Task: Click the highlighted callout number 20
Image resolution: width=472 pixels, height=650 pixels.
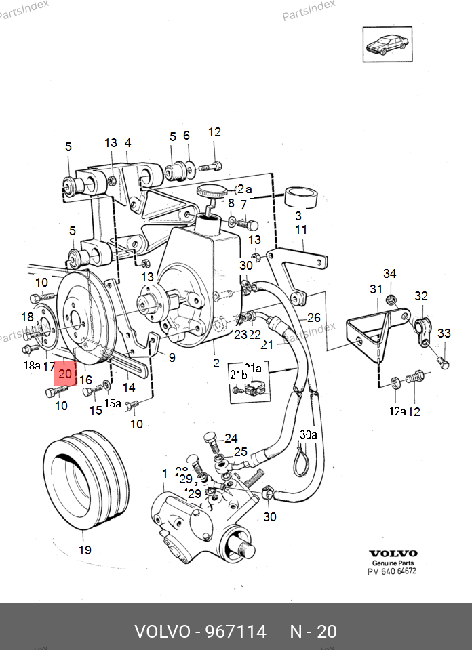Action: pos(66,373)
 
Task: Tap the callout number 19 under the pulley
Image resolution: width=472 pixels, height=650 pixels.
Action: pos(85,550)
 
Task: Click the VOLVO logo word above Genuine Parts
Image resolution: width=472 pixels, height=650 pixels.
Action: pos(393,553)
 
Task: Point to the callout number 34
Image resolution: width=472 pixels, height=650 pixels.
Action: pos(389,274)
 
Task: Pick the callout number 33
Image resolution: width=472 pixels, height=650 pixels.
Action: pos(444,333)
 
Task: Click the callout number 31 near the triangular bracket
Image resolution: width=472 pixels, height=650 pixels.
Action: pos(376,290)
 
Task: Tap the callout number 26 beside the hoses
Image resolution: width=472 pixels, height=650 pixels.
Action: pos(313,317)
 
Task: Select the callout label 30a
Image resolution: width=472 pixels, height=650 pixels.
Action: pos(309,434)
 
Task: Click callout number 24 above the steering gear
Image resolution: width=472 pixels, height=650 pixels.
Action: pos(231,438)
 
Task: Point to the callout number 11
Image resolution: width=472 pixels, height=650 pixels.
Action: pos(301,230)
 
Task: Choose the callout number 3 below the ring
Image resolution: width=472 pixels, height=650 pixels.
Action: pos(297,216)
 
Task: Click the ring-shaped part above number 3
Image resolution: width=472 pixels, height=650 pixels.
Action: pos(302,197)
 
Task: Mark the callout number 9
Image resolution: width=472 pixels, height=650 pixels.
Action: pos(172,357)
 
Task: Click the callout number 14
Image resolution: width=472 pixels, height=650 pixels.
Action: pos(128,388)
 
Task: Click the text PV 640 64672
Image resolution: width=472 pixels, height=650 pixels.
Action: pos(392,571)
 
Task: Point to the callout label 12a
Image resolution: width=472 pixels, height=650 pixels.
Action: pos(397,411)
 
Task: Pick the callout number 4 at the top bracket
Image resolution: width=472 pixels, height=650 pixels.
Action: pos(127,143)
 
